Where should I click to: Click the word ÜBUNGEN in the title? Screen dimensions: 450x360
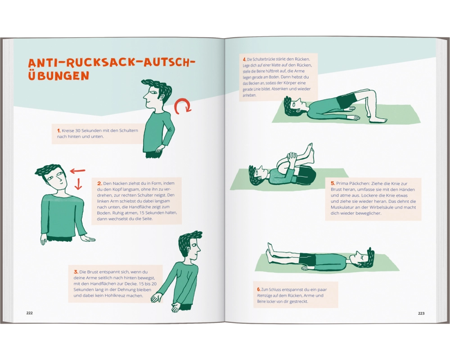click(58, 75)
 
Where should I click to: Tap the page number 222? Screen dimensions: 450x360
click(30, 313)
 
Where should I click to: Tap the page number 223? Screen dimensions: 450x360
click(421, 313)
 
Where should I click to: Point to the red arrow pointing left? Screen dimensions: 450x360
click(78, 171)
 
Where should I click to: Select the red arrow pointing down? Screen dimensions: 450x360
click(78, 184)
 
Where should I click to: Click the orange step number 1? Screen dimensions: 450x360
click(59, 130)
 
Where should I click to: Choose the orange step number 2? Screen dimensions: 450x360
click(99, 183)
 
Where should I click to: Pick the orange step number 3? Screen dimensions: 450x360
click(76, 272)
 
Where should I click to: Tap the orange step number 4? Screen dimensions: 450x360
click(244, 59)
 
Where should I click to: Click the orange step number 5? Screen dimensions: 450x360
click(333, 183)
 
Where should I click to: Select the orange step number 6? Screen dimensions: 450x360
click(259, 289)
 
